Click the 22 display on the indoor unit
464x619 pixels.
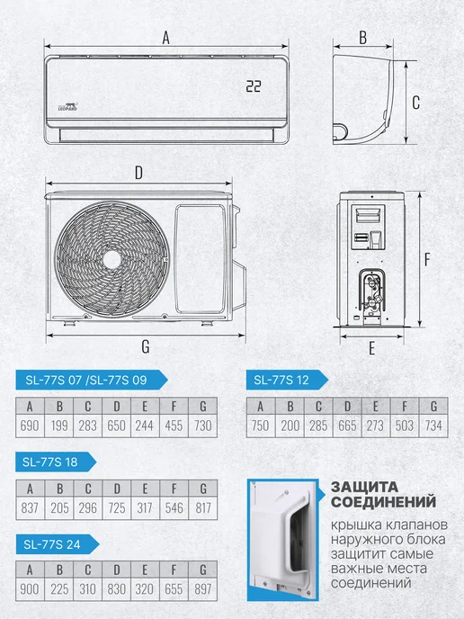coord(254,86)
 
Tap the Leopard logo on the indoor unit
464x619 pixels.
coord(67,106)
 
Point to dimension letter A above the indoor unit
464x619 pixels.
coord(166,38)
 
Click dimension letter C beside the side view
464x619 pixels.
coord(415,103)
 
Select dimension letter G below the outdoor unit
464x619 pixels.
coord(146,346)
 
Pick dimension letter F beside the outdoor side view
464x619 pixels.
coord(427,259)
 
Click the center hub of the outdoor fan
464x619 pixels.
coord(112,259)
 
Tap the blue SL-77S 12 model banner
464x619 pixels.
coord(287,380)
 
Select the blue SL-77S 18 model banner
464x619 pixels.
coord(56,462)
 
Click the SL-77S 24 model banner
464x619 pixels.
coord(58,544)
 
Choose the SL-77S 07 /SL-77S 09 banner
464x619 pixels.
coord(92,380)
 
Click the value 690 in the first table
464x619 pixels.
coord(30,426)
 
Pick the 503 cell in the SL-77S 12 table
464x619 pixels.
coord(405,426)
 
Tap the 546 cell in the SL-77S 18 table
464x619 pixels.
coord(174,507)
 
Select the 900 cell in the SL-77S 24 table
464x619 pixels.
coord(30,589)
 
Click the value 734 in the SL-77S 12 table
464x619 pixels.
coord(433,426)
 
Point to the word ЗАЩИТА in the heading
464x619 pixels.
coord(364,487)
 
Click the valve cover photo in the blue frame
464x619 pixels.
coord(283,540)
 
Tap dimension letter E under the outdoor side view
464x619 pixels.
coord(371,348)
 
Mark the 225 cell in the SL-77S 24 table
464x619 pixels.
coord(58,589)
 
